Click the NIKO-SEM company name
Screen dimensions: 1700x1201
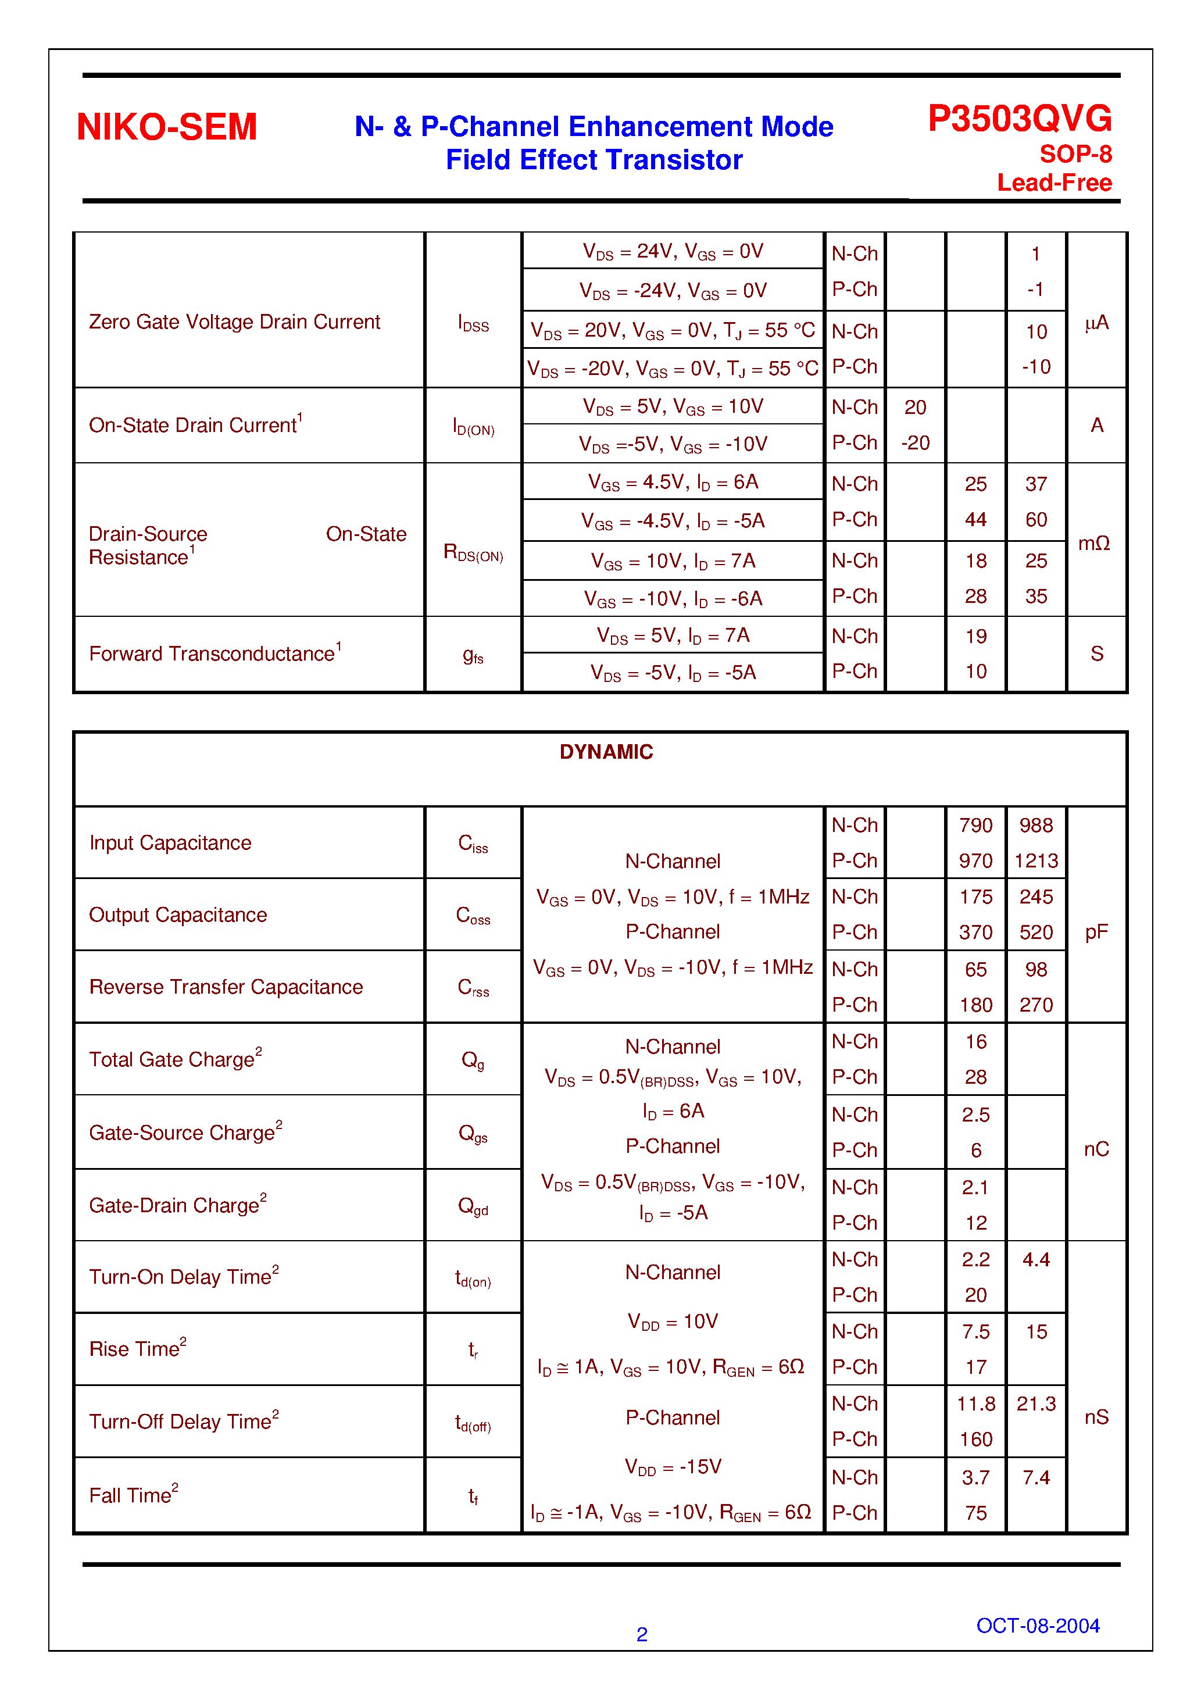167,127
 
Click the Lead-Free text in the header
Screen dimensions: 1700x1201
1054,182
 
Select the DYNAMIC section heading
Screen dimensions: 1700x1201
606,752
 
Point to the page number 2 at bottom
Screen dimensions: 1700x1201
641,1634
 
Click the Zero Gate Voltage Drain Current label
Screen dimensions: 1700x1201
234,322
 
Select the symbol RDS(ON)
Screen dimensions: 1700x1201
473,552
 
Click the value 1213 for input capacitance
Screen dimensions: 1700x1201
1035,860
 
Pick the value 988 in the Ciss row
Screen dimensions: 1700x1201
1035,825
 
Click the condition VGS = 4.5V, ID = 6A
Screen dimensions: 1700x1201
673,483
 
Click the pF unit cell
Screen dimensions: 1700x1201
1096,931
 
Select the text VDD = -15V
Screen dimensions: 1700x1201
673,1467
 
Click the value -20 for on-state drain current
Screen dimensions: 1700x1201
915,443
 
